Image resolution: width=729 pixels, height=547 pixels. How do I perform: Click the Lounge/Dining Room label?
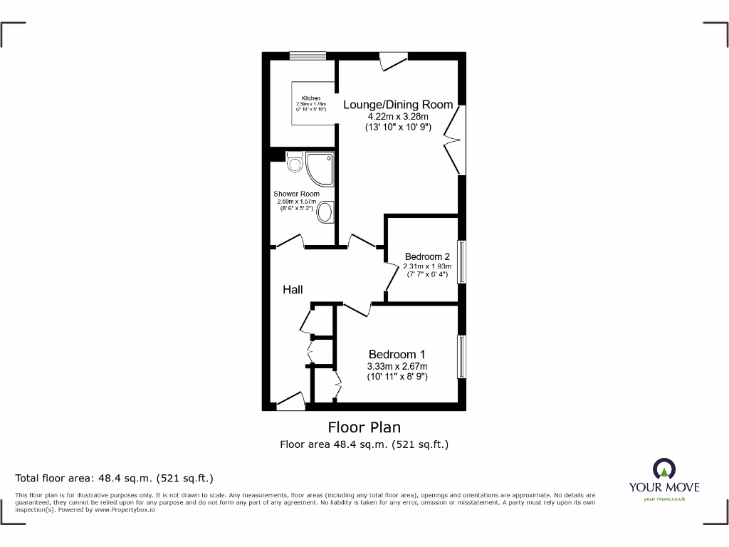tap(398, 105)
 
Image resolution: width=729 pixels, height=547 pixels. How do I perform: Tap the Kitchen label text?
tap(310, 98)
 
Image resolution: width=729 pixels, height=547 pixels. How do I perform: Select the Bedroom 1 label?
tap(397, 354)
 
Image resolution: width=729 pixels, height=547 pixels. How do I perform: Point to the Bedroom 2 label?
tap(427, 256)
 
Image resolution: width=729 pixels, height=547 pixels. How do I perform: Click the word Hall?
tap(293, 289)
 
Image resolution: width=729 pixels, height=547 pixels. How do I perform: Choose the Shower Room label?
tap(296, 194)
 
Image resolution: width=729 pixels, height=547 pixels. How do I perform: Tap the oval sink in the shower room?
tap(326, 212)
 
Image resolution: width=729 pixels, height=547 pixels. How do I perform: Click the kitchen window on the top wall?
tap(308, 56)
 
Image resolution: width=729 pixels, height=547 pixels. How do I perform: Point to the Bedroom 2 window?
tap(461, 262)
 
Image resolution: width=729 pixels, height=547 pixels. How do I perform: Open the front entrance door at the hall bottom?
tap(290, 404)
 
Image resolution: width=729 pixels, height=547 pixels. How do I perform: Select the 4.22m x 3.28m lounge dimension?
tap(398, 116)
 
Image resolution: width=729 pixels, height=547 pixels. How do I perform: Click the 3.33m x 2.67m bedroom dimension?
tap(397, 366)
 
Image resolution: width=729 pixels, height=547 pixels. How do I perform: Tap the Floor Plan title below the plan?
tap(364, 427)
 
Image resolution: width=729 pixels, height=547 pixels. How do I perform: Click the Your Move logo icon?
tap(664, 469)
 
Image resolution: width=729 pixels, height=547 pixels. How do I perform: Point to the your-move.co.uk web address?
tap(664, 499)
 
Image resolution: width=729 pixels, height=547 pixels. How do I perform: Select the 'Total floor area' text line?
tap(115, 478)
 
